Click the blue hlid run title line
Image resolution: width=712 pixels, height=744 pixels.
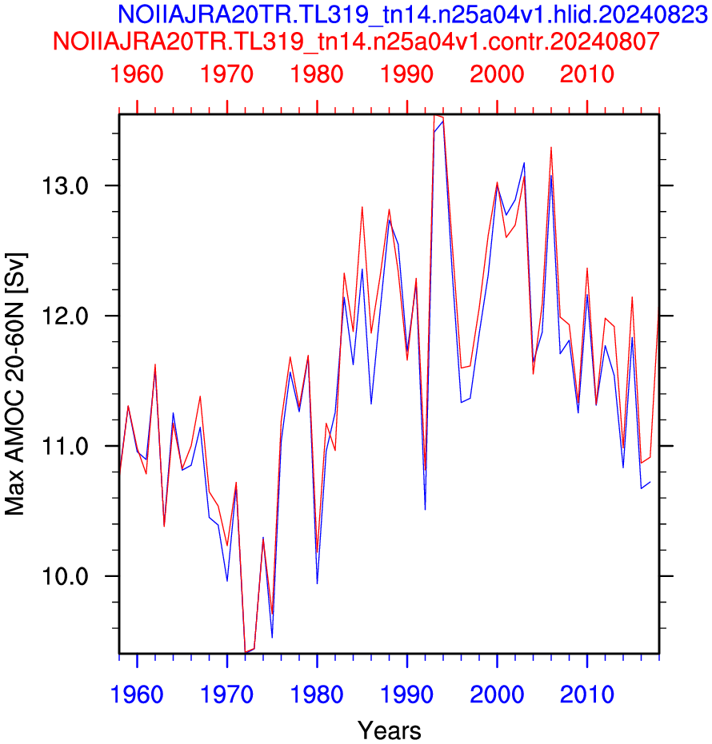click(412, 14)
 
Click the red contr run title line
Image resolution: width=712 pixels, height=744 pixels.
click(356, 42)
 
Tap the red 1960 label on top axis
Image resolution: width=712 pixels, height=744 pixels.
click(137, 74)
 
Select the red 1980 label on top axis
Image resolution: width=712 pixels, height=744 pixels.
click(317, 74)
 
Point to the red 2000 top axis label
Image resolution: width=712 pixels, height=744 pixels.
click(497, 74)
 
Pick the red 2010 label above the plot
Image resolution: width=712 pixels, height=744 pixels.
click(587, 74)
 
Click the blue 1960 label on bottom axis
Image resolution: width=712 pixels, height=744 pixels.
click(137, 694)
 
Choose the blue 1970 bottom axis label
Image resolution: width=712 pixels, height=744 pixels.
click(226, 694)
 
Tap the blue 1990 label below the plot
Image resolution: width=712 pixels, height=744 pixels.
click(407, 694)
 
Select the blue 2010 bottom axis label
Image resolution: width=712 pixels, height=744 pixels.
click(587, 694)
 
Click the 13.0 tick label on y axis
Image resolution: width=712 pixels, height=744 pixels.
click(65, 185)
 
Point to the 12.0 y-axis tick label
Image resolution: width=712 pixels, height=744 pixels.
click(65, 316)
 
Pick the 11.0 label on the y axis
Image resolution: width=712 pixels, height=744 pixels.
click(65, 447)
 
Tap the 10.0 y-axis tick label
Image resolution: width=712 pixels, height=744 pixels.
click(65, 576)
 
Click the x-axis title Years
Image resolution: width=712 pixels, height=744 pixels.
click(390, 730)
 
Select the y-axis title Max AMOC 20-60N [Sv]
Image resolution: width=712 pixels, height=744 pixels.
click(15, 384)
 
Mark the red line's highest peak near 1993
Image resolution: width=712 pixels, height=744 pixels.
click(434, 115)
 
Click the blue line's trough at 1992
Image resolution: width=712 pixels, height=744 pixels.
click(425, 509)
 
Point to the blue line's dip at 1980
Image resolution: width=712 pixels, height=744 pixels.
click(317, 583)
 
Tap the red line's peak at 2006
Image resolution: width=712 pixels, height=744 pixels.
click(551, 148)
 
